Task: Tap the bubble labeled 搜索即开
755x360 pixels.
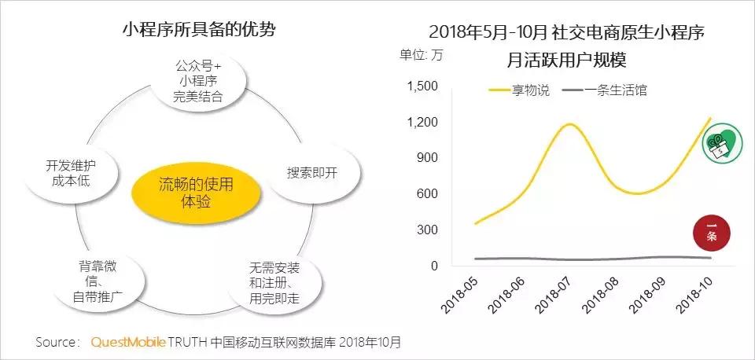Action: tap(311, 173)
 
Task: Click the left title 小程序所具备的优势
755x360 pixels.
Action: tap(198, 30)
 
